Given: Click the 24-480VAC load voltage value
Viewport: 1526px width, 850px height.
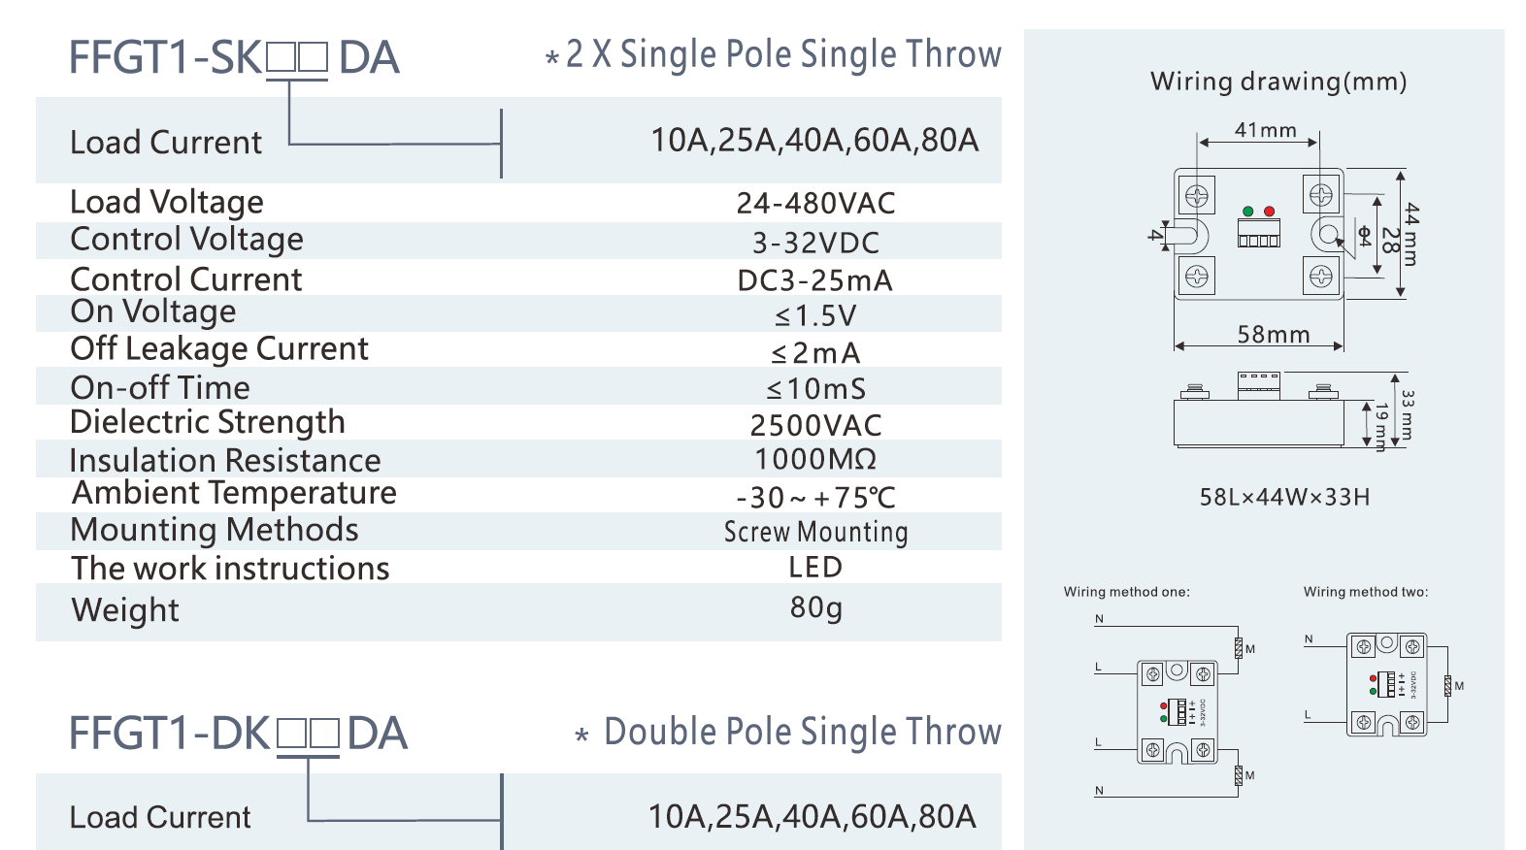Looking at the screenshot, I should pyautogui.click(x=815, y=203).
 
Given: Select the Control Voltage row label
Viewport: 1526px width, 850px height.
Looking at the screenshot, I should pyautogui.click(x=186, y=239).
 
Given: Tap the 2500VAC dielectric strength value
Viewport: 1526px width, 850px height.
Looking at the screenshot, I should pyautogui.click(x=815, y=425).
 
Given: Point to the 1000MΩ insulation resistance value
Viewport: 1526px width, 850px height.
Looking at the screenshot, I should pyautogui.click(x=815, y=459).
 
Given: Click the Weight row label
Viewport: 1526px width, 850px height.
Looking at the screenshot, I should pyautogui.click(x=125, y=610).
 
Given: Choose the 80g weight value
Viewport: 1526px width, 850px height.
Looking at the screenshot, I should pyautogui.click(x=815, y=607).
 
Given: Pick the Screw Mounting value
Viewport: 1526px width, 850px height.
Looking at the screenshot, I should pyautogui.click(x=815, y=532).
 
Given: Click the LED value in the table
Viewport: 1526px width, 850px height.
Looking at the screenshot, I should pyautogui.click(x=815, y=568).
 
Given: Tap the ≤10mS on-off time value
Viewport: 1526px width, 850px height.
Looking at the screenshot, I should pyautogui.click(x=815, y=389).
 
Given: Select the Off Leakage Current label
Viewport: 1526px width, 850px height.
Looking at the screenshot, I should pyautogui.click(x=218, y=348).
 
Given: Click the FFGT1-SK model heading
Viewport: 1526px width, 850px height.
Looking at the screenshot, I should pyautogui.click(x=233, y=57).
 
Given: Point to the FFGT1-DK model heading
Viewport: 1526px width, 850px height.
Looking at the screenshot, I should pyautogui.click(x=238, y=734).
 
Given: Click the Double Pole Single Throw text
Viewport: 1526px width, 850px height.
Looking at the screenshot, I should pyautogui.click(x=802, y=732).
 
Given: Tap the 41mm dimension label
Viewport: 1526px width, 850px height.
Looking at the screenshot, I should pyautogui.click(x=1265, y=130).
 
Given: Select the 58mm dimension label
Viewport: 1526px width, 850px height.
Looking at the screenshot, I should pyautogui.click(x=1273, y=335).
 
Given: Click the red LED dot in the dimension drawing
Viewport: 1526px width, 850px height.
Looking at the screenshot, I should pyautogui.click(x=1269, y=211).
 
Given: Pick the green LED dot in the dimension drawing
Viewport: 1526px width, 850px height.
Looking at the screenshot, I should pyautogui.click(x=1248, y=211).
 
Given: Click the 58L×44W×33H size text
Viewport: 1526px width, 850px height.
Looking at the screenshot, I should pyautogui.click(x=1284, y=497).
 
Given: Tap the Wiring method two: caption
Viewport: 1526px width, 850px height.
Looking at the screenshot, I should pyautogui.click(x=1365, y=592).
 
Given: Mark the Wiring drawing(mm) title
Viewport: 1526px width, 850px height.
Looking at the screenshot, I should pyautogui.click(x=1277, y=82).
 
